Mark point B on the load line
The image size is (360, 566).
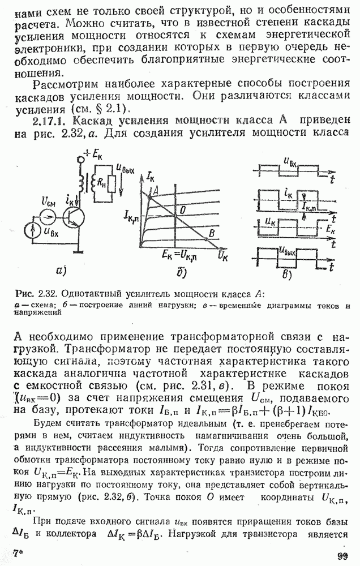pos(210,232)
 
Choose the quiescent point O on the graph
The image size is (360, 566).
pos(182,209)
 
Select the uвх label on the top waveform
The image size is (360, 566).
pos(291,164)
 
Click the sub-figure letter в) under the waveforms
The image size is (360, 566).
pos(286,276)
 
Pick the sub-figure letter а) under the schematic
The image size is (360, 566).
pos(61,271)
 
